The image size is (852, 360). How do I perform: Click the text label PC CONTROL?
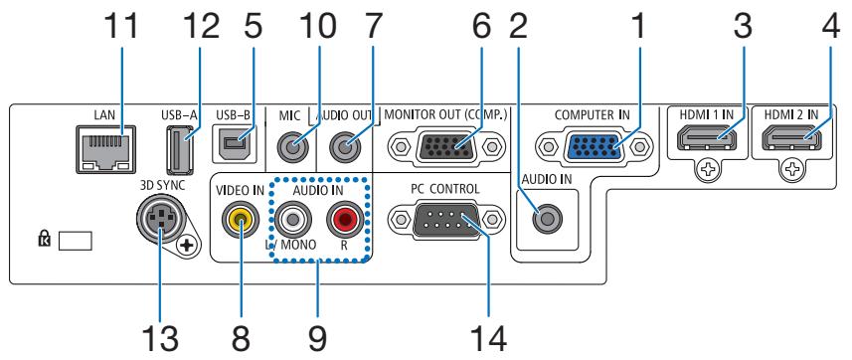tap(443, 185)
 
